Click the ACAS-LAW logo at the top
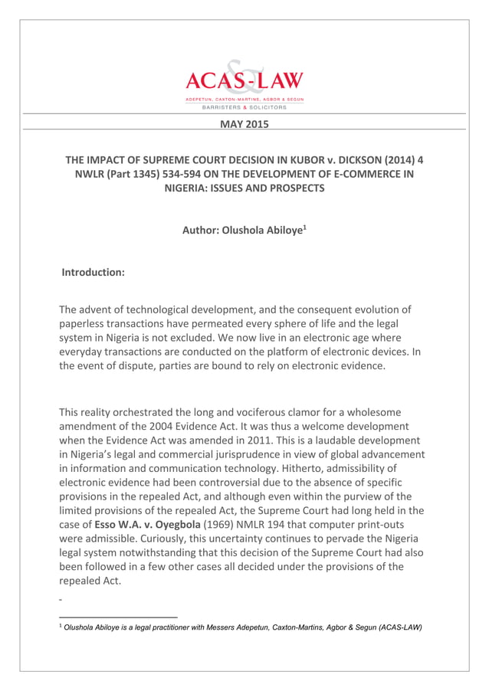tap(244, 84)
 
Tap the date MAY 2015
tap(244, 123)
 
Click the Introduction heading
tap(93, 271)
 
